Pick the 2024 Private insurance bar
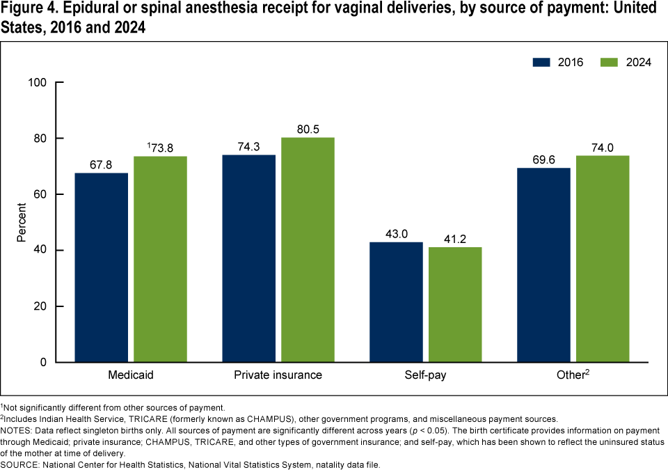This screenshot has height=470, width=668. click(308, 250)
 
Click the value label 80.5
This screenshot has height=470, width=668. click(308, 130)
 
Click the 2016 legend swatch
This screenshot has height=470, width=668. click(542, 62)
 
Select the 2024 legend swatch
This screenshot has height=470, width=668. click(610, 62)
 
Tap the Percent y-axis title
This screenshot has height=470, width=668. click(22, 223)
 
